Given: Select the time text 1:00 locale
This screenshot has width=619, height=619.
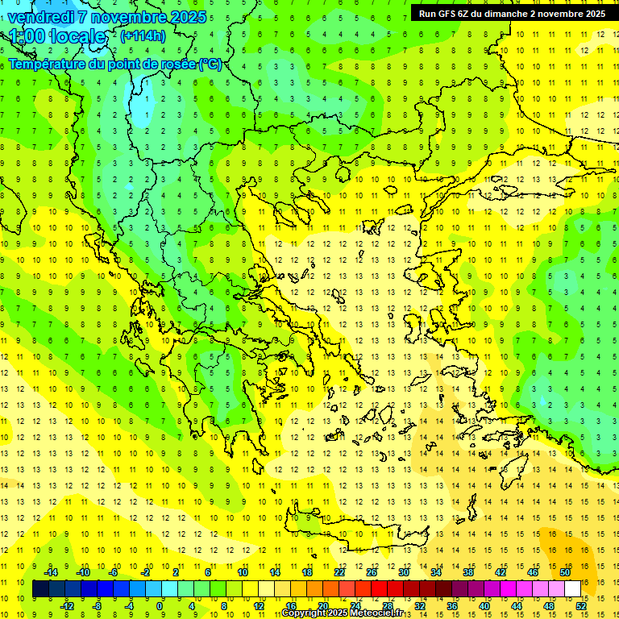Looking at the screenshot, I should (x=57, y=36).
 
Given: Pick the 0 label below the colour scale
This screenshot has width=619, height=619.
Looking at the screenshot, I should (x=160, y=606).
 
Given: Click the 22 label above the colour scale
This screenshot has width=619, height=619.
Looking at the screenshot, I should (x=339, y=572).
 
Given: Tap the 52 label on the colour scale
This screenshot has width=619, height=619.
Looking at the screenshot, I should (x=581, y=606).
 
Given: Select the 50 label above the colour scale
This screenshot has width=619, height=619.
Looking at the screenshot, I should (x=564, y=572).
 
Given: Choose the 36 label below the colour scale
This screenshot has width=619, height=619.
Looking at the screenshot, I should (x=451, y=606).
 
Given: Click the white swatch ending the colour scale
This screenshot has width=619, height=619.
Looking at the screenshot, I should (x=572, y=589).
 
